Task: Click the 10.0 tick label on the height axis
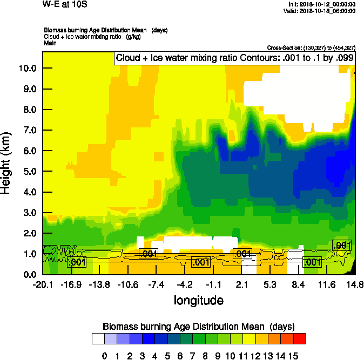[x=27, y=68]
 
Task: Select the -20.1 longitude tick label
[x=42, y=284]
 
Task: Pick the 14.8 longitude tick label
[x=354, y=284]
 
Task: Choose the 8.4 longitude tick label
[x=298, y=284]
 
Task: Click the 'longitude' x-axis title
[x=198, y=300]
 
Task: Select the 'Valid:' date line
[x=321, y=10]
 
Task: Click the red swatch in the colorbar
[x=300, y=338]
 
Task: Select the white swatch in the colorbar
[x=98, y=338]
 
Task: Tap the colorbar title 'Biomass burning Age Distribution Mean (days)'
[x=198, y=327]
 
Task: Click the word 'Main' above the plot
[x=50, y=43]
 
